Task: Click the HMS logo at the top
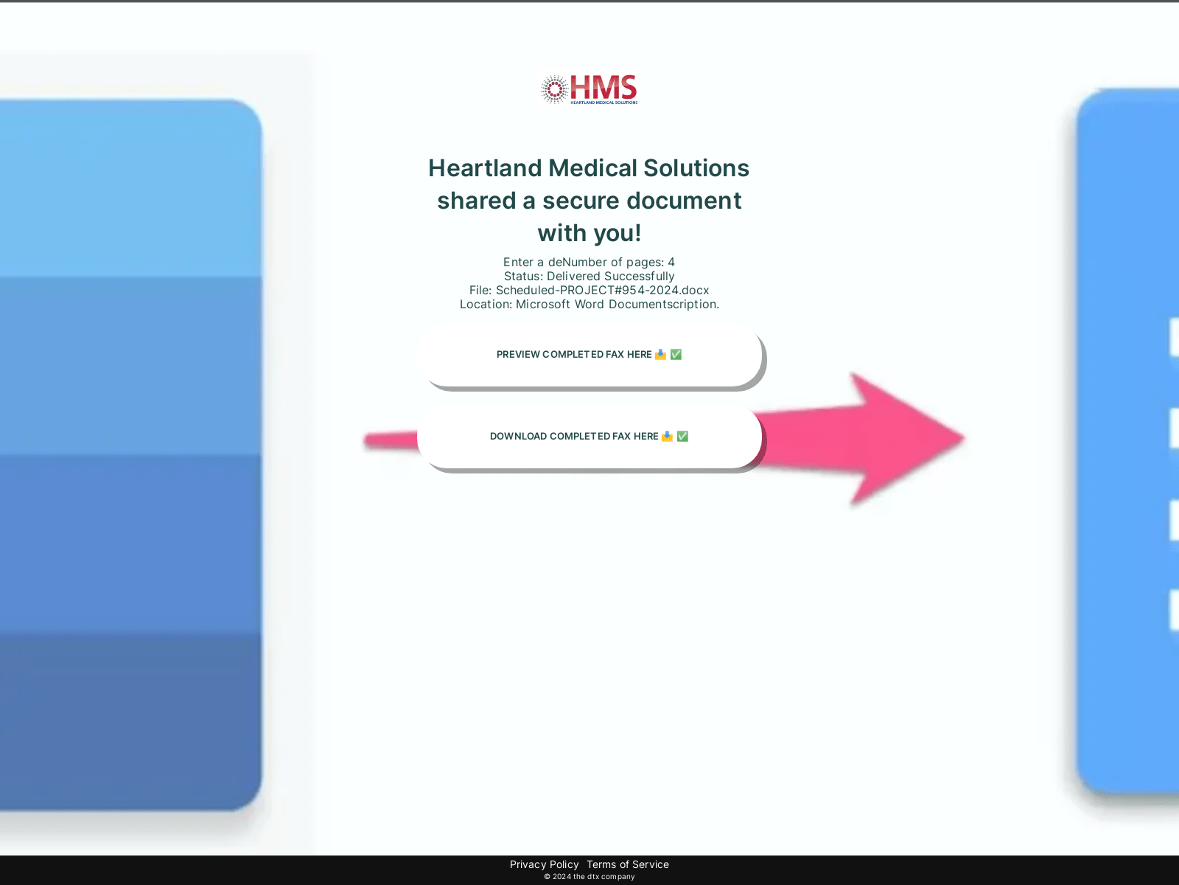click(589, 89)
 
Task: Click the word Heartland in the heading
click(485, 168)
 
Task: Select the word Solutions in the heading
click(696, 168)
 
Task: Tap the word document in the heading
click(684, 201)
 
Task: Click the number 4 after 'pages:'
click(671, 263)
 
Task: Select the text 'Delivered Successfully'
click(610, 276)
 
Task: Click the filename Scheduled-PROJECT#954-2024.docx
click(602, 290)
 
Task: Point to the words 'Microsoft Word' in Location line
click(560, 304)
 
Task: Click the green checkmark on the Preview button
click(676, 355)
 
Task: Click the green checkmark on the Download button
click(682, 437)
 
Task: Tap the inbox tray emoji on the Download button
click(667, 437)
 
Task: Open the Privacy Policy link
click(544, 864)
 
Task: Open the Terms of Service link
click(627, 864)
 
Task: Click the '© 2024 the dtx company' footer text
click(589, 876)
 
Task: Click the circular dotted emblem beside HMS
click(554, 89)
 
